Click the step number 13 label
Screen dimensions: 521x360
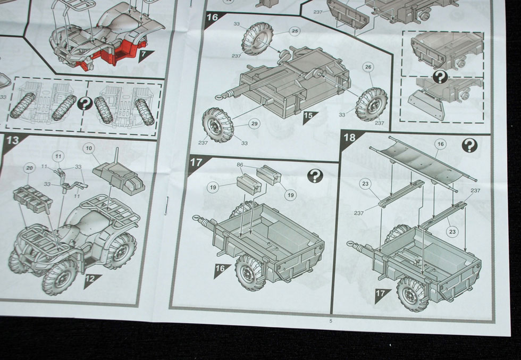click(13, 140)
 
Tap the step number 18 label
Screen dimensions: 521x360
click(350, 137)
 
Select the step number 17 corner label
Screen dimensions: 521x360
click(196, 162)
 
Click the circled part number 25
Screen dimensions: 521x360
click(294, 31)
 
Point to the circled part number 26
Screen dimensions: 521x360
click(368, 68)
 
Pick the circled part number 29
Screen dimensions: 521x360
click(254, 124)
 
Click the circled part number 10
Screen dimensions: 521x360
click(89, 148)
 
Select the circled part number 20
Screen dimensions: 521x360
click(30, 168)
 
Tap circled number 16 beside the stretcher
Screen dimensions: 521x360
click(441, 144)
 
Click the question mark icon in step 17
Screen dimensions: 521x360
click(315, 176)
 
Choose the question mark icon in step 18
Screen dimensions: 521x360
click(469, 145)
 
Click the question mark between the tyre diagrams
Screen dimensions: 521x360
click(85, 104)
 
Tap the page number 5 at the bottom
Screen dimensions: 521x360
click(331, 321)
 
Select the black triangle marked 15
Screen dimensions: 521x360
click(309, 116)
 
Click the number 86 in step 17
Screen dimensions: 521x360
click(240, 164)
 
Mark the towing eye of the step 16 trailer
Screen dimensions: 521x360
click(219, 97)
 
